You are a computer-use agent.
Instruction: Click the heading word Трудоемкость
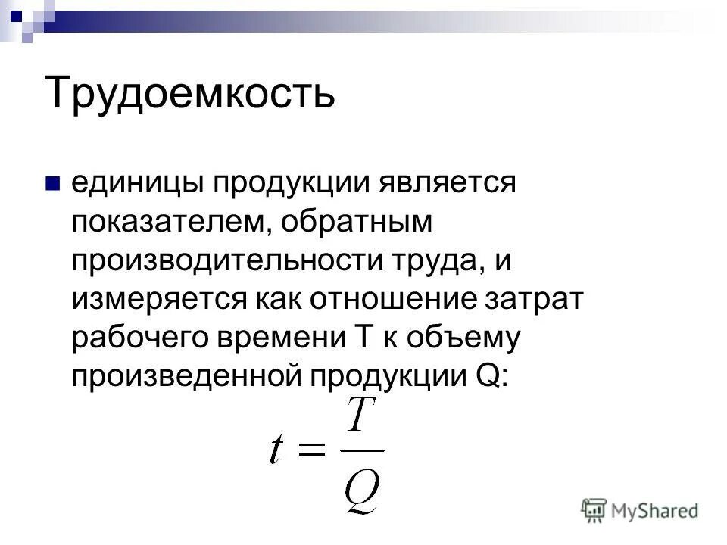click(189, 92)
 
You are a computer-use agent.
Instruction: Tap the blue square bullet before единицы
click(52, 184)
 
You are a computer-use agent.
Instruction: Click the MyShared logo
click(640, 509)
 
